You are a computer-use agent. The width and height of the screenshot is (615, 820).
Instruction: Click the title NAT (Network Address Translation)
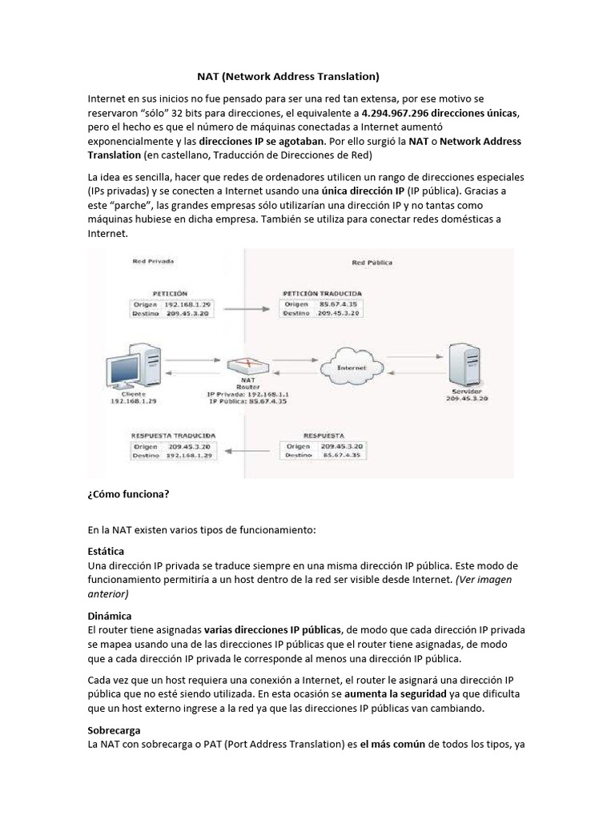[x=287, y=77]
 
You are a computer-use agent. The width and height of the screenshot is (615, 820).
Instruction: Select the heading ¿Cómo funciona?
[x=128, y=494]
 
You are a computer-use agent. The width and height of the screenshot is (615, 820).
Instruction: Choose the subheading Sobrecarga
[x=114, y=730]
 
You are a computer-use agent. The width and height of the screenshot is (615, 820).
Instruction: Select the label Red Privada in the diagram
[x=154, y=262]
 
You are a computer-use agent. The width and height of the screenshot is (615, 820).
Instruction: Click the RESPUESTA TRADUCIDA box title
[x=171, y=436]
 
